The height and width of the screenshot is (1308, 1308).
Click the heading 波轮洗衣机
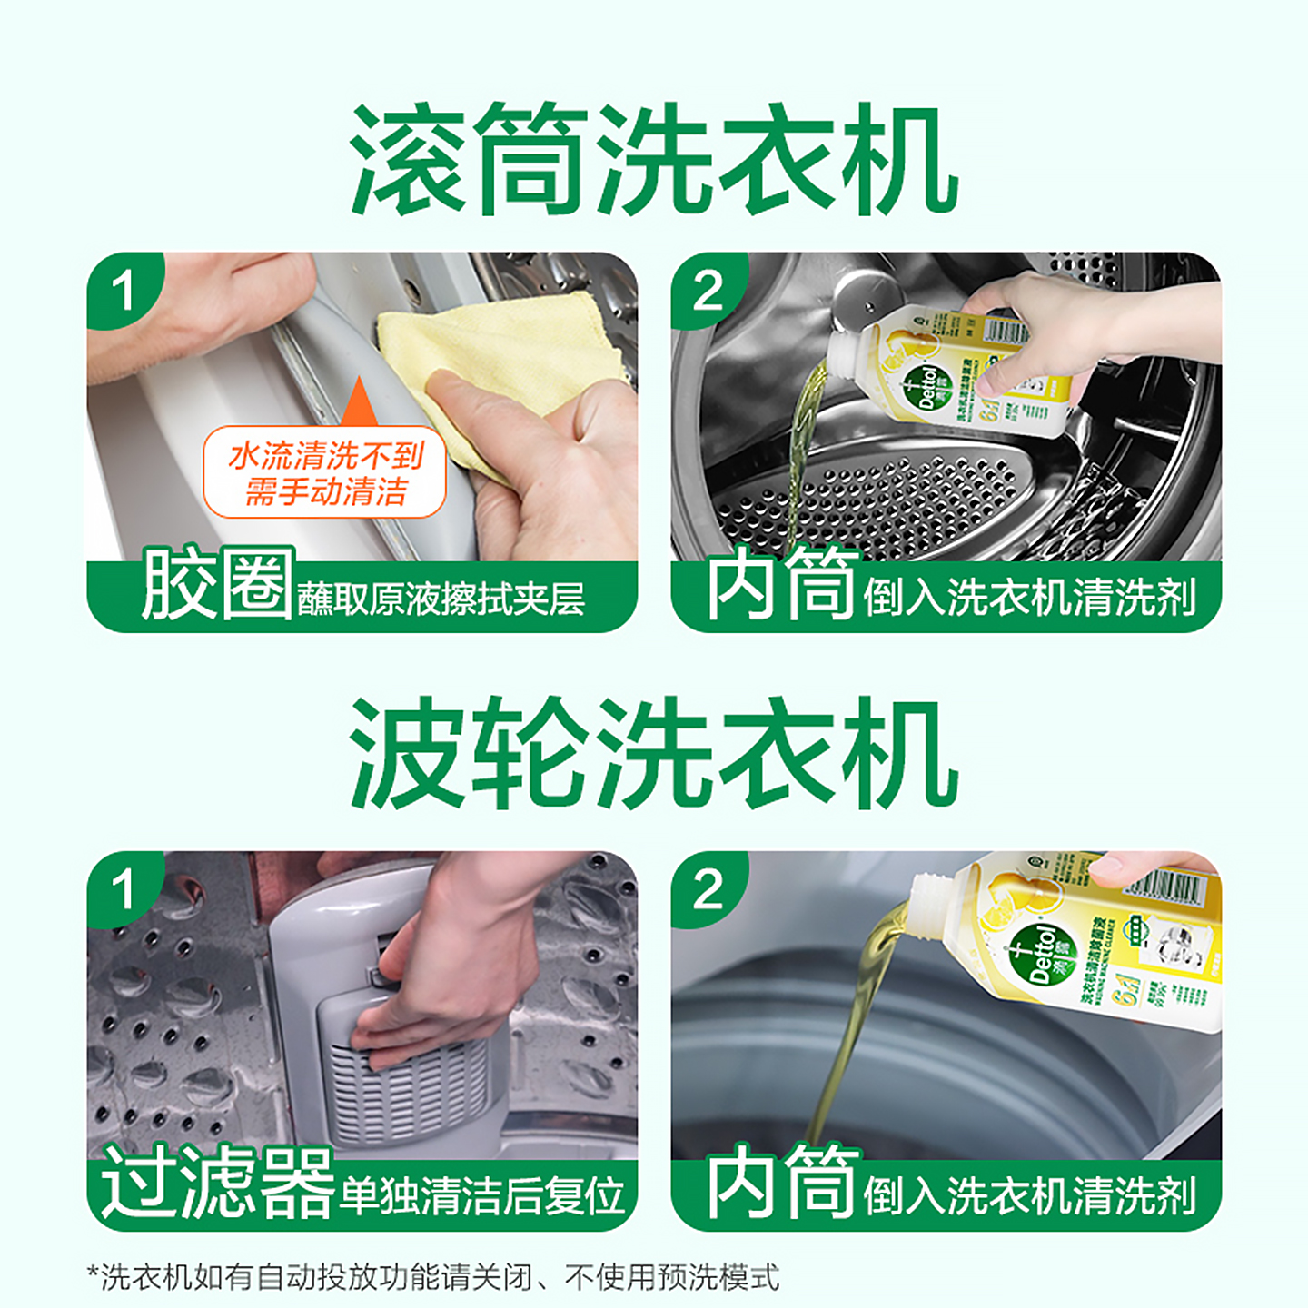[654, 754]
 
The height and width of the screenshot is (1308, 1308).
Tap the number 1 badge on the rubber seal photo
[123, 291]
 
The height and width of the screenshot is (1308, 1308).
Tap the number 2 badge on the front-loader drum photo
[708, 291]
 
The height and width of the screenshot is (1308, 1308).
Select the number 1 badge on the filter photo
[123, 888]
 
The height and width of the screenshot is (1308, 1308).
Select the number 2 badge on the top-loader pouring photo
[708, 888]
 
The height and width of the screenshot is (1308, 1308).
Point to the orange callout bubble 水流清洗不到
[325, 472]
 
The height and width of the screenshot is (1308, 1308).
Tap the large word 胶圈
[218, 584]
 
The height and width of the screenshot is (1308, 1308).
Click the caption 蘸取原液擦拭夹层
[441, 599]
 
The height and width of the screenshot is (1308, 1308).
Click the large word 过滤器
[218, 1183]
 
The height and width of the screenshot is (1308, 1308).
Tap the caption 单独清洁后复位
[481, 1195]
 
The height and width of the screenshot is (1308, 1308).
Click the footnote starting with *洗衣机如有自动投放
[433, 1276]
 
